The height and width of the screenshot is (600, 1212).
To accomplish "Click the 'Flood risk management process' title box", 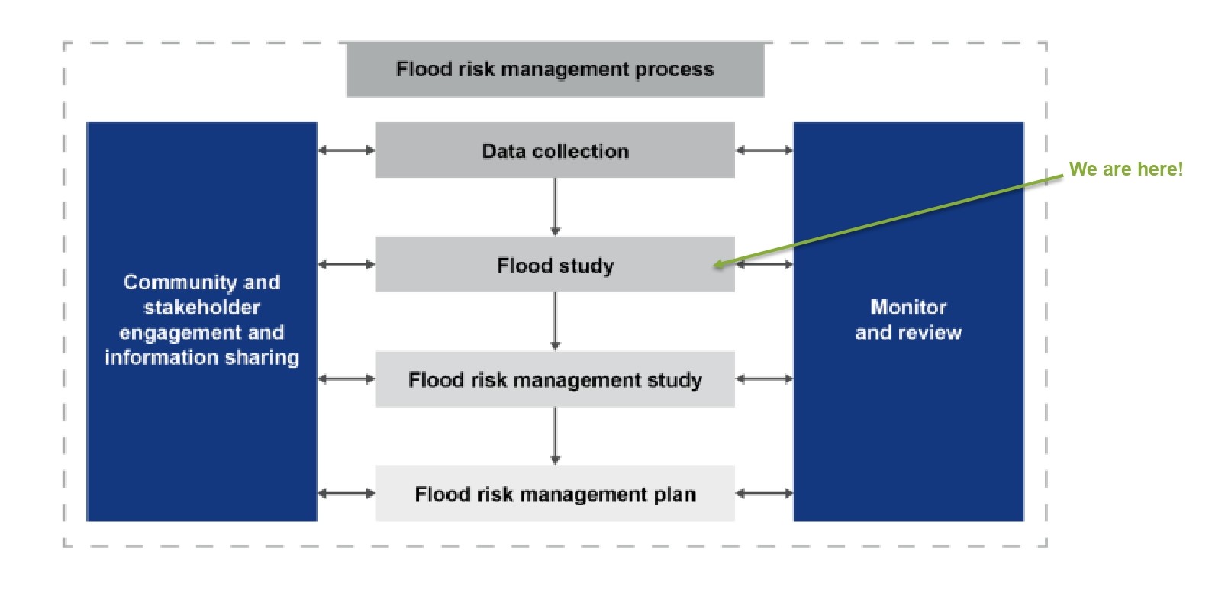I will tap(555, 69).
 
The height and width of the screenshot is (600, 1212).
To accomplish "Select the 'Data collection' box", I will tap(555, 150).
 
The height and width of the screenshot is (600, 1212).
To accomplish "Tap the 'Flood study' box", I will tap(555, 265).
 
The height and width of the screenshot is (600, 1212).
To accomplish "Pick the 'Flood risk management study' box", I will tap(555, 379).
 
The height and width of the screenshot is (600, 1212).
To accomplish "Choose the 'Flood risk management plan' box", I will tap(555, 494).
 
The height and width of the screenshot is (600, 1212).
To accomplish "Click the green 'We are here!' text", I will tap(1126, 169).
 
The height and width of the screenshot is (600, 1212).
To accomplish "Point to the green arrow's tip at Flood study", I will tap(716, 266).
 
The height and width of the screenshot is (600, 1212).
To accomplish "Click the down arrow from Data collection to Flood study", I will tap(555, 207).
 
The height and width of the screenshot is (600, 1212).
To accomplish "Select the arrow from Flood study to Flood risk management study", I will tap(555, 321).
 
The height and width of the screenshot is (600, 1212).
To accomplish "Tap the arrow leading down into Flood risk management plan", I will tap(555, 436).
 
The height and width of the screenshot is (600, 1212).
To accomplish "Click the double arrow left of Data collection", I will tap(347, 150).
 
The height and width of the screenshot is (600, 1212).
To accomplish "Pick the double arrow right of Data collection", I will tap(764, 150).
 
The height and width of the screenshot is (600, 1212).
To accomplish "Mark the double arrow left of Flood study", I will tap(347, 265).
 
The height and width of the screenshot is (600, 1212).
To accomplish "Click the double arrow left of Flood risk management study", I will tap(347, 379).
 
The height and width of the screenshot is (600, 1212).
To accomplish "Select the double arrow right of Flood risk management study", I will tap(764, 379).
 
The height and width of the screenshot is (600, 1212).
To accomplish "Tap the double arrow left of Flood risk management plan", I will tap(347, 494).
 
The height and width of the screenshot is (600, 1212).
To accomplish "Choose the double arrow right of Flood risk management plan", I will tap(764, 494).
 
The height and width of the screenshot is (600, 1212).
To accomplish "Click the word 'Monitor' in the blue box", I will tap(908, 307).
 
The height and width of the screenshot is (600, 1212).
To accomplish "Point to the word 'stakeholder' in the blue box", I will tap(202, 308).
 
